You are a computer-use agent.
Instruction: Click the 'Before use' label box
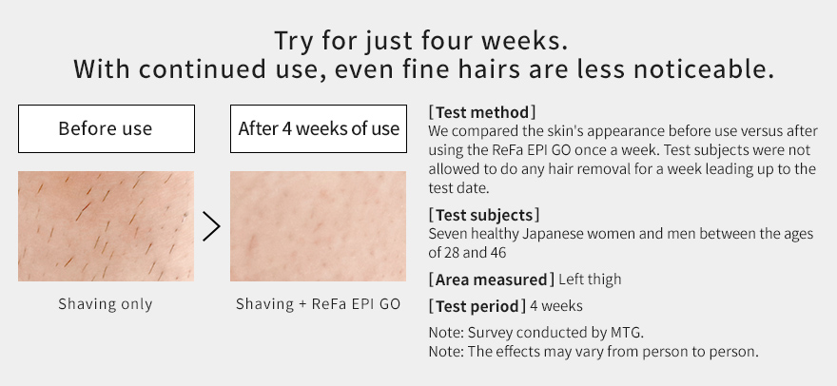tap(107, 128)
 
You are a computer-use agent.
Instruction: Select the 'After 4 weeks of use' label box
tap(318, 128)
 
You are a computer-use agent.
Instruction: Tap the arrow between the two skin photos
tap(211, 226)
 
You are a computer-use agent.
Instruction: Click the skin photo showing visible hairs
tap(107, 226)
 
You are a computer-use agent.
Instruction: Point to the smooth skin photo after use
tap(318, 226)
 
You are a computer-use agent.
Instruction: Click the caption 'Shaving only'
tap(106, 304)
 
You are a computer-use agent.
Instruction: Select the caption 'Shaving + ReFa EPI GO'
tap(318, 304)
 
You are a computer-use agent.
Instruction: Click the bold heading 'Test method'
tap(482, 112)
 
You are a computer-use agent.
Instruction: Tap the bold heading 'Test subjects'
tap(484, 215)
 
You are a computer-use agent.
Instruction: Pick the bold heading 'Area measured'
tap(491, 280)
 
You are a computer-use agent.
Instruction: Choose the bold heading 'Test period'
tap(477, 306)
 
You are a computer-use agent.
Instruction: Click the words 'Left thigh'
tap(590, 280)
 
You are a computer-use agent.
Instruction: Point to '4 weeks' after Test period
tap(556, 306)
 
